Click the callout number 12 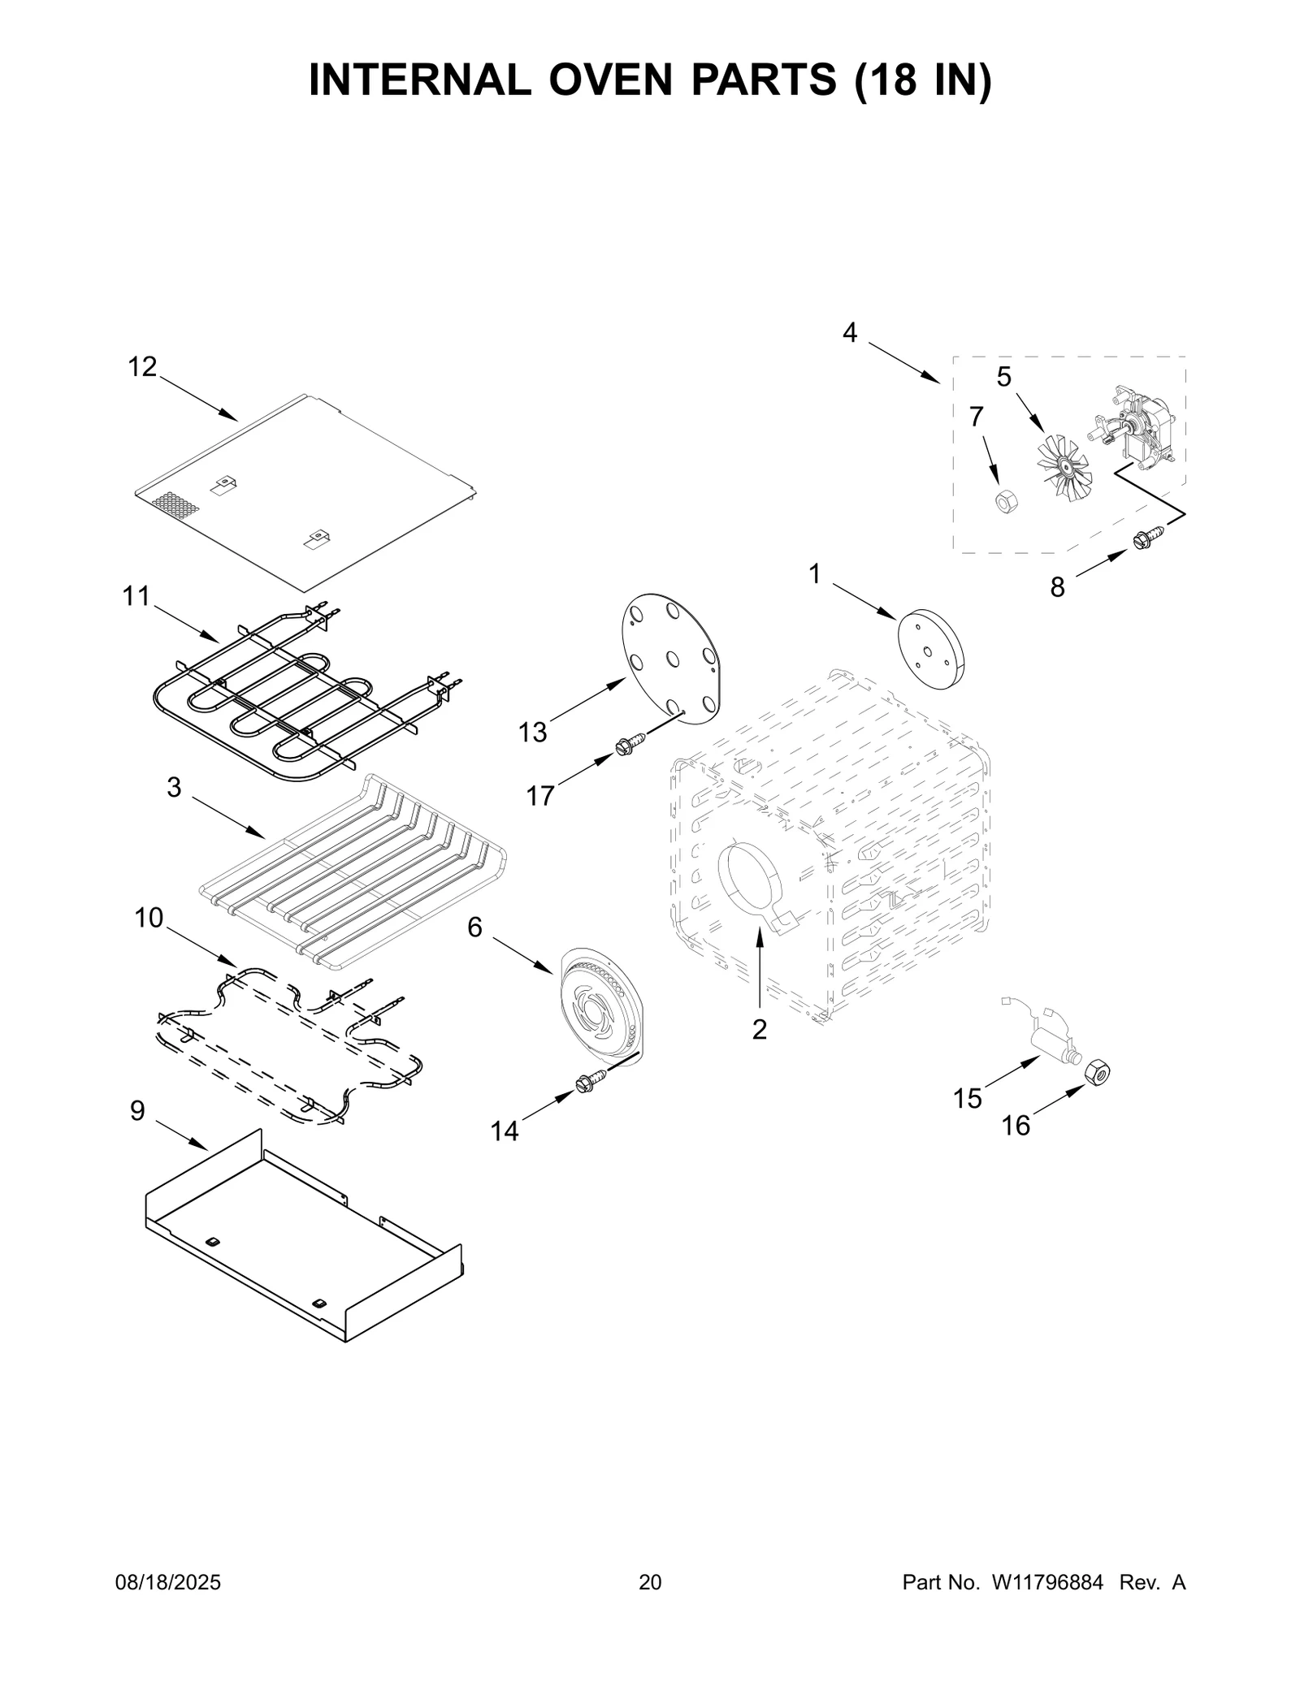point(142,367)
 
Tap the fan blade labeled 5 point(1064,468)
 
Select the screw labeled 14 point(591,1083)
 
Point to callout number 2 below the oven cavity point(759,1030)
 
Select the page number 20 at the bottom point(650,1582)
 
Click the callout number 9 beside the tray point(137,1111)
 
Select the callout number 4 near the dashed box point(849,332)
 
